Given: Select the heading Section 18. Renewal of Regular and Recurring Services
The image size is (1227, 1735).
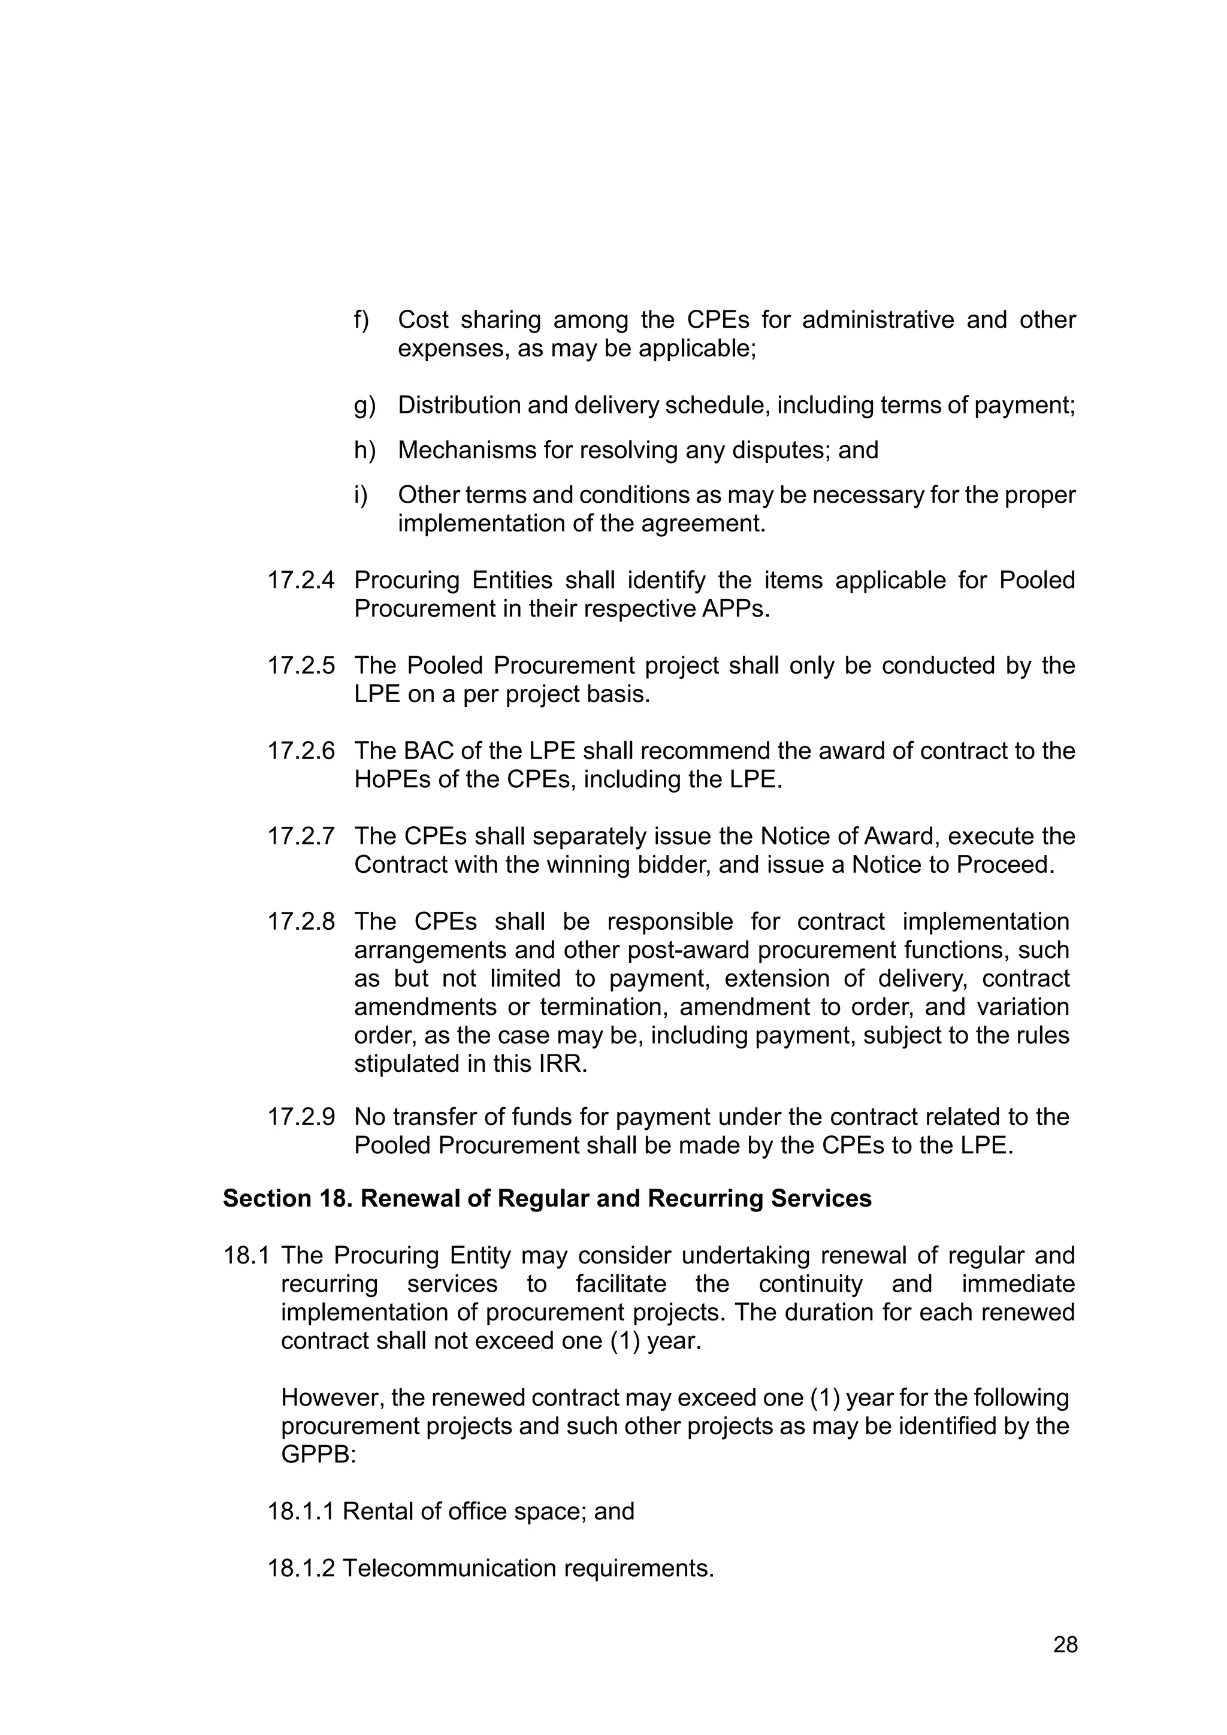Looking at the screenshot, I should pos(547,1198).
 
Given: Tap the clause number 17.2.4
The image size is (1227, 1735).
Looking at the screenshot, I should pos(301,581).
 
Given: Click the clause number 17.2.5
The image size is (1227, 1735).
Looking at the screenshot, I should pos(301,666).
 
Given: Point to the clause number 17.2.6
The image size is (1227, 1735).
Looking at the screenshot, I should pos(301,751).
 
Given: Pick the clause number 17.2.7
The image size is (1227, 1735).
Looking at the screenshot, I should pos(301,836).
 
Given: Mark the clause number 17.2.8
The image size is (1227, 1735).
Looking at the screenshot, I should pos(301,922).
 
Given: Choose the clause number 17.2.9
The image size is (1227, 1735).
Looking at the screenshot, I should pos(301,1117).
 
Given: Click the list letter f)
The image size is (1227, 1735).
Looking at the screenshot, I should pos(361,321).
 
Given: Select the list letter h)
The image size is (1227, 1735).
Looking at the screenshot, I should pos(364,451).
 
